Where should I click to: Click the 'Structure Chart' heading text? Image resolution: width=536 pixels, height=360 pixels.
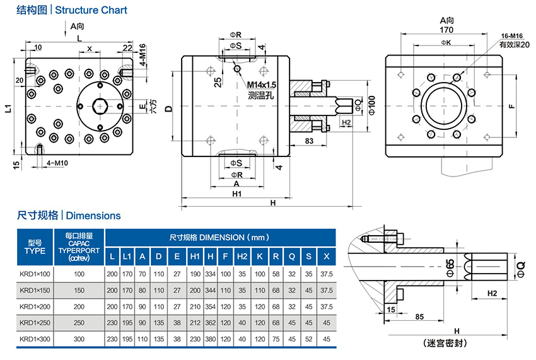click(x=91, y=10)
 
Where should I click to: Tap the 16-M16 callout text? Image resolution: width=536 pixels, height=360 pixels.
click(x=510, y=36)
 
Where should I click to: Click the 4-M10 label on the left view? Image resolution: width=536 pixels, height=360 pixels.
click(x=58, y=164)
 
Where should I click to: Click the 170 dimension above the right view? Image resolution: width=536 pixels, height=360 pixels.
click(x=446, y=29)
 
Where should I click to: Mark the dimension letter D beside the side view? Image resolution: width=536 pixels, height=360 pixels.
click(x=168, y=108)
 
